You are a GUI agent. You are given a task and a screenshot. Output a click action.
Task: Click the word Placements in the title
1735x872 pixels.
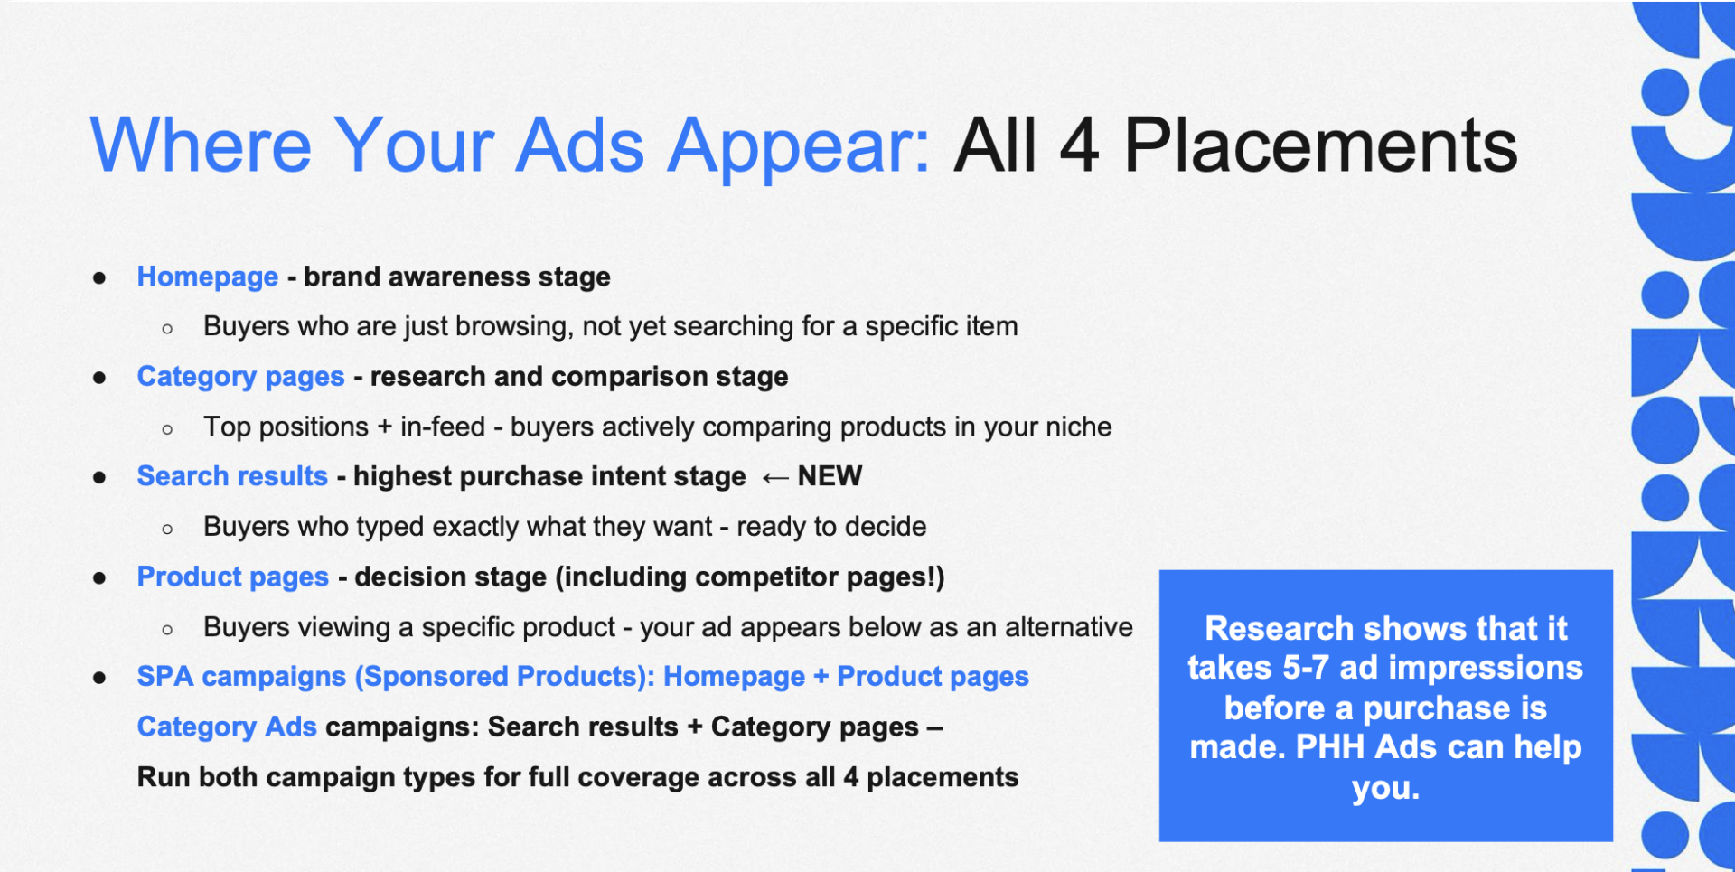[x=1320, y=145]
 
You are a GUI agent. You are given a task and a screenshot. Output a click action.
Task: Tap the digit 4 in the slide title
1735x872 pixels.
[x=1079, y=145]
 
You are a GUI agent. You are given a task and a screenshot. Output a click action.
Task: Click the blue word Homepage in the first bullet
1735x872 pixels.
[x=207, y=277]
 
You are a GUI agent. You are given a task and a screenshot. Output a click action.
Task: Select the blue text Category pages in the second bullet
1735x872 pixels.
[x=240, y=377]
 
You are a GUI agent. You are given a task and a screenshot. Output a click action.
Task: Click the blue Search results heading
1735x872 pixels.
[x=232, y=476]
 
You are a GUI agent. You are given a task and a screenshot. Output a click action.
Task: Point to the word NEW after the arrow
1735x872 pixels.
[x=830, y=476]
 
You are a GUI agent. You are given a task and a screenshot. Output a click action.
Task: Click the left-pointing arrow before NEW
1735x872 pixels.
[x=774, y=478]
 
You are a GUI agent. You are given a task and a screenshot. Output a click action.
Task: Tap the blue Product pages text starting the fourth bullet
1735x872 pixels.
[x=232, y=577]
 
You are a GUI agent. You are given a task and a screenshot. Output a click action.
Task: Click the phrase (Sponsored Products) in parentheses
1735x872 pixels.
[x=504, y=677]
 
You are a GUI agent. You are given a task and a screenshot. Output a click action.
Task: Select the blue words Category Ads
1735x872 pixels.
[x=227, y=727]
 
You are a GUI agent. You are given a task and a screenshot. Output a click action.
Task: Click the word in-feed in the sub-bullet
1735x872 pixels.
[x=443, y=427]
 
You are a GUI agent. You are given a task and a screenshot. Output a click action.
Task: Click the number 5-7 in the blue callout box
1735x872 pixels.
[x=1307, y=668]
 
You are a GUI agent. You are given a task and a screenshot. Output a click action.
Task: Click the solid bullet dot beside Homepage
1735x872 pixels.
[x=99, y=278]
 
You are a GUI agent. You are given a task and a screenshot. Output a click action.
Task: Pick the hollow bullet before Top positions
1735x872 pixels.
[x=167, y=429]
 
